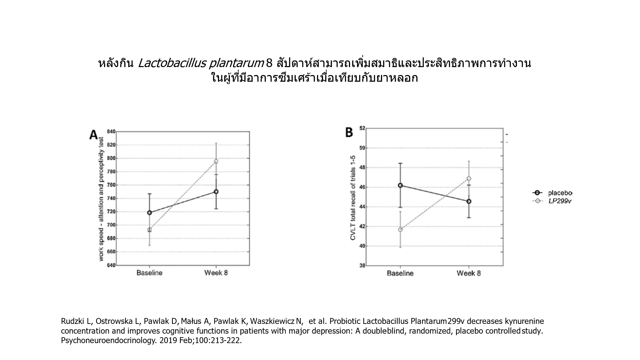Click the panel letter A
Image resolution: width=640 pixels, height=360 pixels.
[x=94, y=135]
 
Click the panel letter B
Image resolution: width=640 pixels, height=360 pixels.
[x=349, y=132]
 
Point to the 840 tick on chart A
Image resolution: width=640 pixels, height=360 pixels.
[x=111, y=132]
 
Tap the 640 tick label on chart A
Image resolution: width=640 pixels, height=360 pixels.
[x=111, y=265]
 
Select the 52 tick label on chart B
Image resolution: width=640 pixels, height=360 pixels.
[x=362, y=128]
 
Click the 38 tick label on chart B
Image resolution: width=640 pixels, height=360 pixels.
[x=362, y=266]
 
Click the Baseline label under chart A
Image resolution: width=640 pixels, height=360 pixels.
[x=150, y=273]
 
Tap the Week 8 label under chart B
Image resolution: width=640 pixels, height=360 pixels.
[x=468, y=273]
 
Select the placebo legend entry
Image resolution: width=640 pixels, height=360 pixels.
[x=560, y=193]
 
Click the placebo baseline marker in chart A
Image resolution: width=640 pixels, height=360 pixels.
[x=150, y=213]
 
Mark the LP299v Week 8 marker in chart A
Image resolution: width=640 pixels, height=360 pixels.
[x=216, y=161]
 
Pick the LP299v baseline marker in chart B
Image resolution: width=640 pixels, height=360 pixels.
[x=400, y=229]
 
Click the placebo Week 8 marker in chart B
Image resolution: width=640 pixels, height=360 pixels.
[x=469, y=201]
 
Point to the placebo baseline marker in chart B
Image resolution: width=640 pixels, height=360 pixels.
[x=400, y=185]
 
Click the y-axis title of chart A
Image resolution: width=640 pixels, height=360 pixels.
[x=101, y=199]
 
